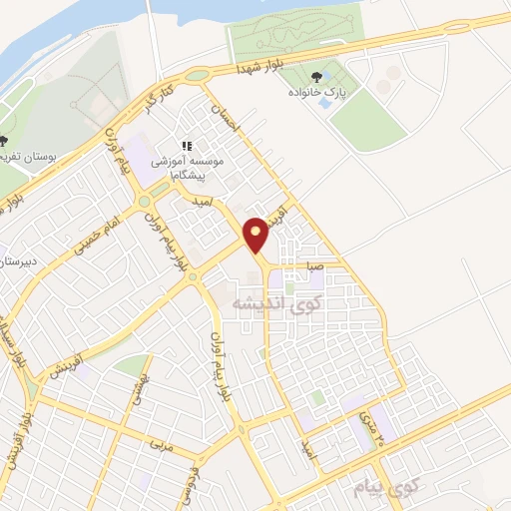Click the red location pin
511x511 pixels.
click(256, 235)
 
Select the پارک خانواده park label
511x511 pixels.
click(320, 93)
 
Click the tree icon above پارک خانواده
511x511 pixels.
click(317, 75)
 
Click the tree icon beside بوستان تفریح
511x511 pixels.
click(5, 140)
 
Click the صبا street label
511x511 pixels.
click(314, 267)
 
